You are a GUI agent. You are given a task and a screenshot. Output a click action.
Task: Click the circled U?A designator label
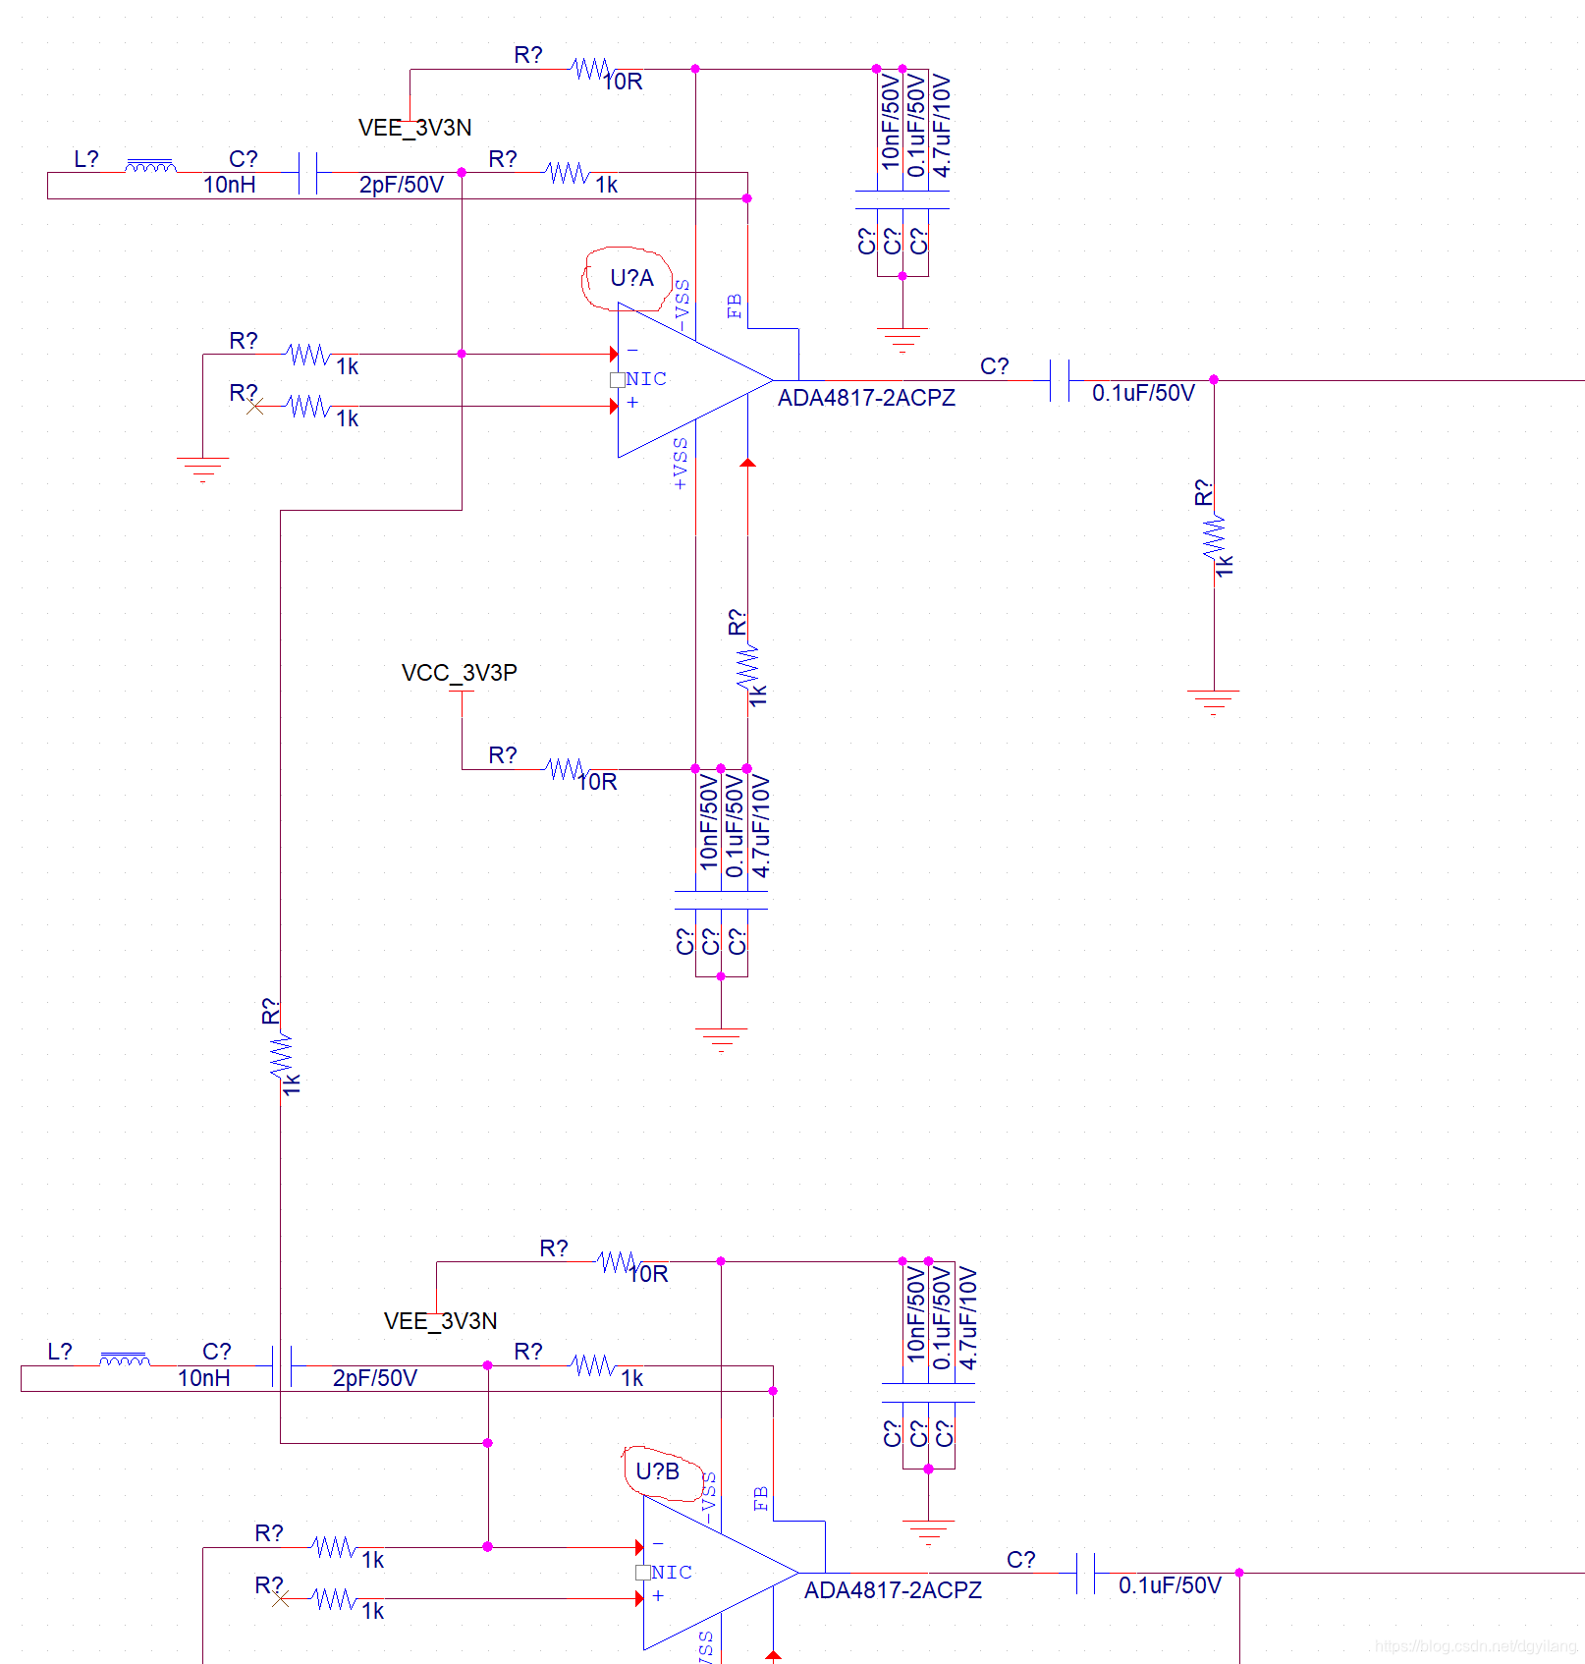coord(631,278)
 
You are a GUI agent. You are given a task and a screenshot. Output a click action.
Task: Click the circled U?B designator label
coord(657,1471)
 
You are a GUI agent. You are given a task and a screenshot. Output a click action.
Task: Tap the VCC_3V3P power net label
coord(459,673)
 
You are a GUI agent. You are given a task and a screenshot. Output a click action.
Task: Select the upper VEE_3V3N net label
coord(414,128)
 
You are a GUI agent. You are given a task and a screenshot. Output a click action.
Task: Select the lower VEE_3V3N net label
coord(440,1321)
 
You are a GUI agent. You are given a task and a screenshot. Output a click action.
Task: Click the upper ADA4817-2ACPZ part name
coord(866,398)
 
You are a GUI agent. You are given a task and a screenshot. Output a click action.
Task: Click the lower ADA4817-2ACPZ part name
coord(893,1590)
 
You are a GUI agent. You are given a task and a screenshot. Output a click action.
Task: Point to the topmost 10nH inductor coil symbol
coord(150,166)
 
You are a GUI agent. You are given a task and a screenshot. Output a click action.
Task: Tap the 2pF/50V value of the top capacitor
coord(401,185)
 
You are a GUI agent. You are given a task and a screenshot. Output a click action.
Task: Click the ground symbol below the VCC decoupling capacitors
coord(721,1037)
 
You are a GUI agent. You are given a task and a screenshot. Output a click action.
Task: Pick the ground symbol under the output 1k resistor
coord(1214,699)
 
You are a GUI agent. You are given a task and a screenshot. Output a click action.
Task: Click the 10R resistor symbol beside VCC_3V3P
coord(567,769)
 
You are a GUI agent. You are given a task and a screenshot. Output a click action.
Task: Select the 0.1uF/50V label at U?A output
coord(1143,393)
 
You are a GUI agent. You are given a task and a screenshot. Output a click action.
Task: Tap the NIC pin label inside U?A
coord(646,379)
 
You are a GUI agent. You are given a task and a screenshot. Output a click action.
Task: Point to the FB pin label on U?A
coord(735,305)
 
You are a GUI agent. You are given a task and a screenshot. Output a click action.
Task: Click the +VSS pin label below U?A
coord(681,464)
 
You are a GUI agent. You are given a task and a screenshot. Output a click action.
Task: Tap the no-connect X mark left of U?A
coord(254,406)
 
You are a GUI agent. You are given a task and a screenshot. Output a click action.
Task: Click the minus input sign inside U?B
coord(658,1543)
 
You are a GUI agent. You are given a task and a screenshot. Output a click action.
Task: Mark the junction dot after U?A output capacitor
coord(1214,379)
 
